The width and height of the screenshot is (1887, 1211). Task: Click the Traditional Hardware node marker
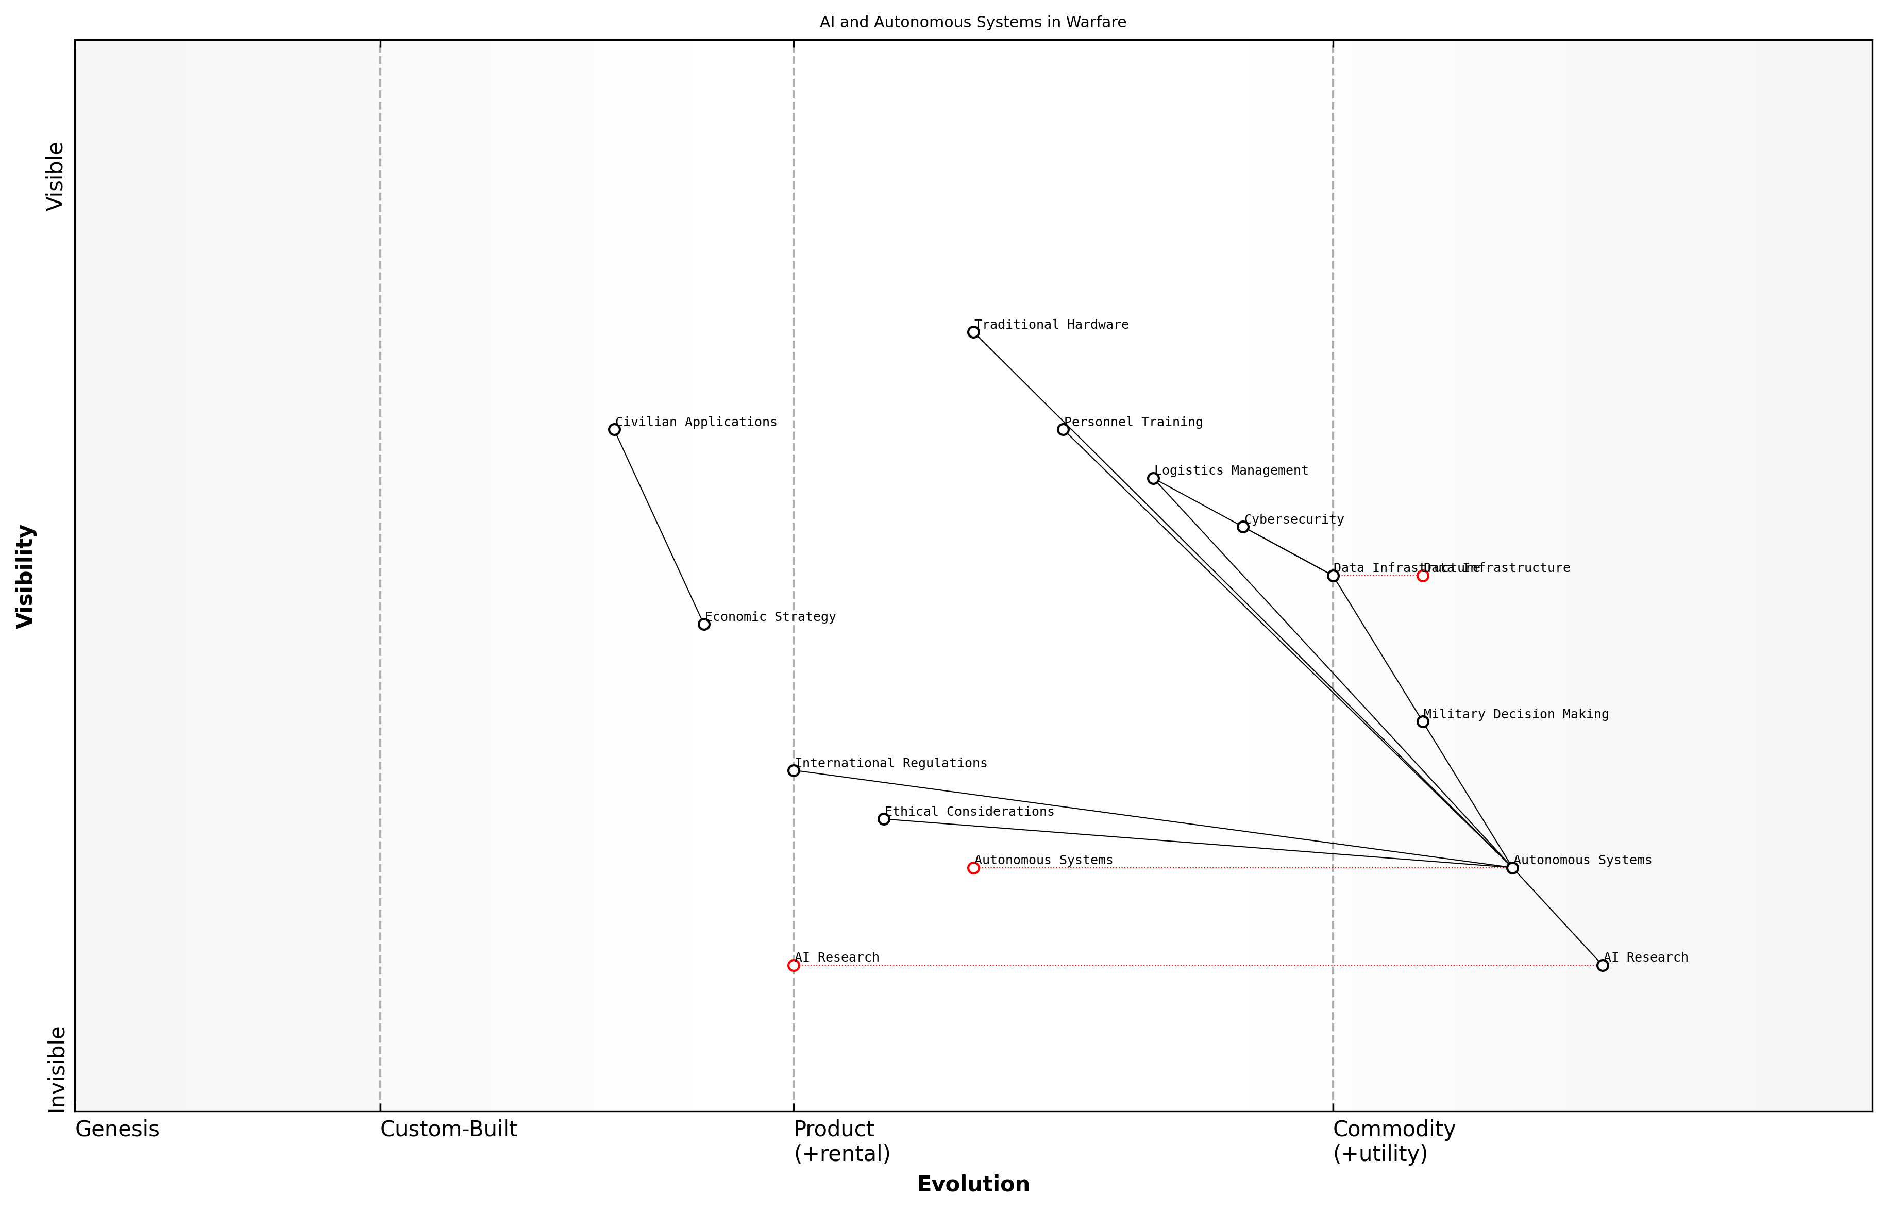pyautogui.click(x=973, y=332)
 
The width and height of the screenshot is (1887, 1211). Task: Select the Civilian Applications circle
pyautogui.click(x=614, y=429)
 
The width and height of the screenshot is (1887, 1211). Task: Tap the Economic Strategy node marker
pyautogui.click(x=704, y=625)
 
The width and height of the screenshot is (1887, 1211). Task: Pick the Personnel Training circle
pyautogui.click(x=1063, y=429)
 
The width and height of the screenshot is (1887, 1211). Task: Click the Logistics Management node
pyautogui.click(x=1153, y=478)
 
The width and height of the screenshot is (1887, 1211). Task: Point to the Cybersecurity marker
pyautogui.click(x=1243, y=527)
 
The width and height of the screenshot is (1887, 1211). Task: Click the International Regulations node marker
pyautogui.click(x=794, y=770)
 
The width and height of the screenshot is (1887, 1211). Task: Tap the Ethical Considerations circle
pyautogui.click(x=884, y=819)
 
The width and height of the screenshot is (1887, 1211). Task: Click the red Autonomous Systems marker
pyautogui.click(x=973, y=868)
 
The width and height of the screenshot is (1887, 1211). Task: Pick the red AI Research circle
pyautogui.click(x=794, y=966)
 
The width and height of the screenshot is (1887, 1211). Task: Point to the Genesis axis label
pyautogui.click(x=117, y=1129)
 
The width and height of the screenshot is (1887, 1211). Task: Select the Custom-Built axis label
pyautogui.click(x=448, y=1129)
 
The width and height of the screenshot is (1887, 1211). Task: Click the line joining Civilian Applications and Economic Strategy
pyautogui.click(x=659, y=527)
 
